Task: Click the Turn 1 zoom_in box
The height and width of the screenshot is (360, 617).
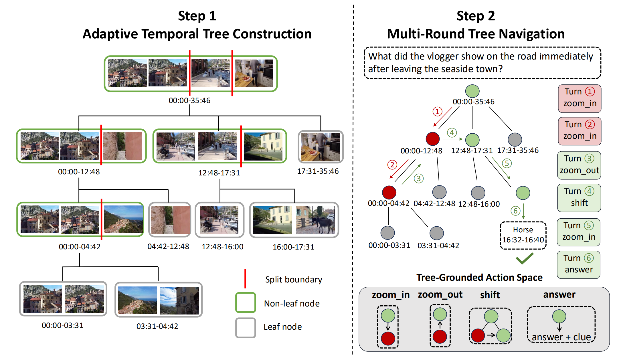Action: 580,99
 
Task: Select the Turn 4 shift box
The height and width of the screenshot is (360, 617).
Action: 579,198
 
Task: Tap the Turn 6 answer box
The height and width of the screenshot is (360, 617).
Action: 578,265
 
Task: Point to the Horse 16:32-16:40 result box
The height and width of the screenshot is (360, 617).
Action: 523,235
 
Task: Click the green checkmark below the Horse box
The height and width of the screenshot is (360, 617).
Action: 525,258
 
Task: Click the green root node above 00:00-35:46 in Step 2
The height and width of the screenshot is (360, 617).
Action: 472,91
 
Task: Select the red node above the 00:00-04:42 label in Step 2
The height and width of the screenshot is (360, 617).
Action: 389,192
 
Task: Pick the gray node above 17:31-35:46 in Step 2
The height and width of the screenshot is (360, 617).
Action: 515,140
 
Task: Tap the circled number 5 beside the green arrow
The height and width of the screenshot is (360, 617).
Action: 507,163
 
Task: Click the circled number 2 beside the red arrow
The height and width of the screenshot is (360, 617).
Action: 392,165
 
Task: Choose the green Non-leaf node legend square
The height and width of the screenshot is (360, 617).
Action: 246,302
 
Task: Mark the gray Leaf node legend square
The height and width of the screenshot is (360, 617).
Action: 246,328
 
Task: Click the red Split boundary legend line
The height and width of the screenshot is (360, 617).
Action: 245,279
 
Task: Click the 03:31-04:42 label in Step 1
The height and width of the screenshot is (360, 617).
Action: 157,326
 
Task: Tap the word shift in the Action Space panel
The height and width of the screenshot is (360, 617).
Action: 490,295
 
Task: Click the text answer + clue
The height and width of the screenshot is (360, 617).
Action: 561,337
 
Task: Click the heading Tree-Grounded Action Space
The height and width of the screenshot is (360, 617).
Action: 479,277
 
